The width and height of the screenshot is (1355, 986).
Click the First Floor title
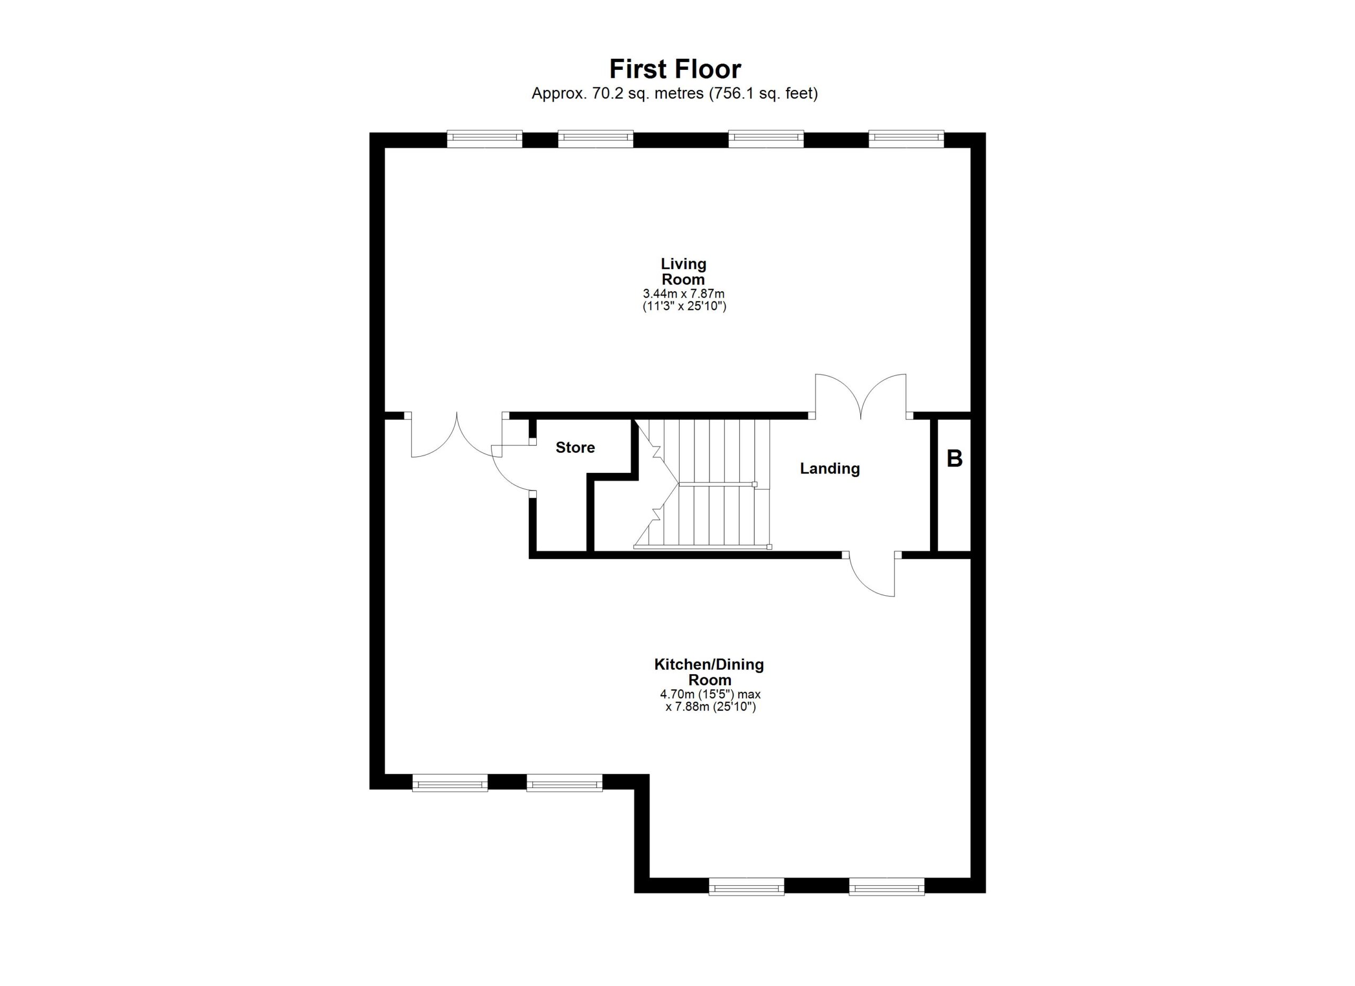[x=675, y=69]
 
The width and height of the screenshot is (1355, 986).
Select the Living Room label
[x=683, y=271]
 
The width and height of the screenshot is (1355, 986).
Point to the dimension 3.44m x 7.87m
[x=683, y=293]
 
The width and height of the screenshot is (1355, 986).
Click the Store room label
[x=575, y=447]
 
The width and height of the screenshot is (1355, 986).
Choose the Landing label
[x=830, y=469]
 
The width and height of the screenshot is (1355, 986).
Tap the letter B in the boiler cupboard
[x=955, y=459]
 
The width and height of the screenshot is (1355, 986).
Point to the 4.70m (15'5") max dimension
[x=710, y=694]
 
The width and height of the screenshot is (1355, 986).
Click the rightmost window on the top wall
[x=906, y=139]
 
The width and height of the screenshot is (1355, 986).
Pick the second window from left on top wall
[x=595, y=139]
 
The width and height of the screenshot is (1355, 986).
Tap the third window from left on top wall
[x=766, y=139]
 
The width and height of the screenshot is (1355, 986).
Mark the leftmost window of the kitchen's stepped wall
[x=450, y=782]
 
